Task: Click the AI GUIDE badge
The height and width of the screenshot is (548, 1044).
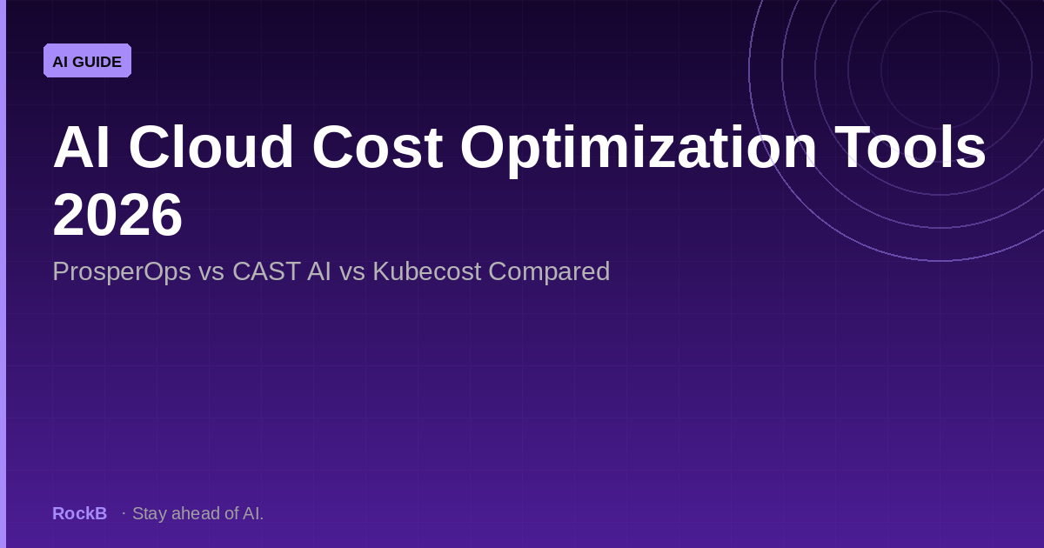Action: pyautogui.click(x=87, y=61)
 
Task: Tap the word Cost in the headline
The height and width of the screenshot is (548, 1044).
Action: pyautogui.click(x=377, y=147)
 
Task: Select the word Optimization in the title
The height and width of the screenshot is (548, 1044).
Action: pyautogui.click(x=639, y=147)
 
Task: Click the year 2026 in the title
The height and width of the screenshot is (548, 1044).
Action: pyautogui.click(x=117, y=215)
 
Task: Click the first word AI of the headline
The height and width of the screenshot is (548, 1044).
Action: pyautogui.click(x=82, y=147)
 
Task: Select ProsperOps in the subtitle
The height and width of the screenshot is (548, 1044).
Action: pyautogui.click(x=122, y=271)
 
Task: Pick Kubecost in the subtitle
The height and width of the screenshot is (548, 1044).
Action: pyautogui.click(x=426, y=271)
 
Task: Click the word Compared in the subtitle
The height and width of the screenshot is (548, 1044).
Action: pyautogui.click(x=549, y=271)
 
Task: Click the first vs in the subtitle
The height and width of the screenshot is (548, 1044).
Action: pyautogui.click(x=211, y=271)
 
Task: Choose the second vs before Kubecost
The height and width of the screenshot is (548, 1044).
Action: pyautogui.click(x=351, y=271)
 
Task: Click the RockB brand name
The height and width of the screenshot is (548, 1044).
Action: pyautogui.click(x=79, y=513)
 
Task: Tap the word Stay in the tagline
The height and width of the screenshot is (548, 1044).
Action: pyautogui.click(x=150, y=513)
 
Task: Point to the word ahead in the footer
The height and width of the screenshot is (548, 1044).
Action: pyautogui.click(x=197, y=513)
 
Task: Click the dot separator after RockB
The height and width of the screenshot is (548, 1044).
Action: pyautogui.click(x=124, y=513)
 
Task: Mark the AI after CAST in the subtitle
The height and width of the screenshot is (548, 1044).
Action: pyautogui.click(x=318, y=271)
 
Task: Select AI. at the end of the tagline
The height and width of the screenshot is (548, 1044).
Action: pyautogui.click(x=253, y=513)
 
